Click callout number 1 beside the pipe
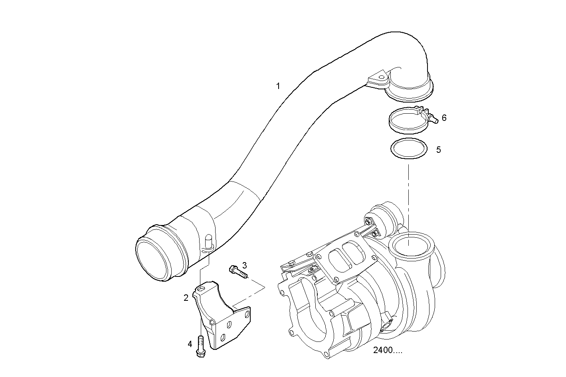tap(278, 86)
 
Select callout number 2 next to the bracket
tap(186, 298)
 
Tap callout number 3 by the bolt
tap(244, 265)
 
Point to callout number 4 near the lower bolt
tap(190, 343)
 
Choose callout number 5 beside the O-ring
tap(438, 150)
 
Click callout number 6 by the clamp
tap(444, 118)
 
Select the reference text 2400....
tap(388, 350)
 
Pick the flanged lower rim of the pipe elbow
tap(409, 92)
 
